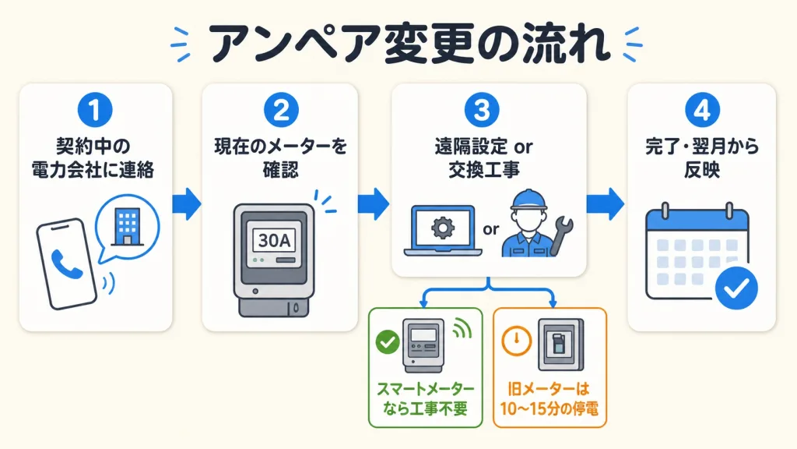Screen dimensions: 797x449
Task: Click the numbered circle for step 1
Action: tap(95, 110)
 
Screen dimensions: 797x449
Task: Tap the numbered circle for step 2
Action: tap(281, 110)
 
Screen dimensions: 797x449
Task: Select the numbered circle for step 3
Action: tap(482, 110)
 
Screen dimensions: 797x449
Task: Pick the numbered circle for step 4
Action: tap(702, 110)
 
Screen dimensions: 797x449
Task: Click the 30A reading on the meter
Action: tap(275, 240)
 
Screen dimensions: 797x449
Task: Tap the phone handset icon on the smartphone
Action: tap(67, 263)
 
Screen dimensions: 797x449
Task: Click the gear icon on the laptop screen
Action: tap(443, 228)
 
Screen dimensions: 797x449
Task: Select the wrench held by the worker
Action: tap(560, 235)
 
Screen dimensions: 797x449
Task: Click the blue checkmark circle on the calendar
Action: tap(736, 288)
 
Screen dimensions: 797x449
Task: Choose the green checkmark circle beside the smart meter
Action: tap(388, 342)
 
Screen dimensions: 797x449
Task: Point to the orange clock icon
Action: tap(516, 341)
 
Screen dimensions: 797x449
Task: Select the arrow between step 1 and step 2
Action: tap(187, 203)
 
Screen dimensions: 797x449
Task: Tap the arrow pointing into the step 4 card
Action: tap(605, 203)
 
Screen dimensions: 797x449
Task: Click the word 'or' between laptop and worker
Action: tap(490, 230)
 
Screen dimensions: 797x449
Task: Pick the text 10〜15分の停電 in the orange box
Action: tap(549, 408)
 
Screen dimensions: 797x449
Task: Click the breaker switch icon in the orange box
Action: tap(561, 345)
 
